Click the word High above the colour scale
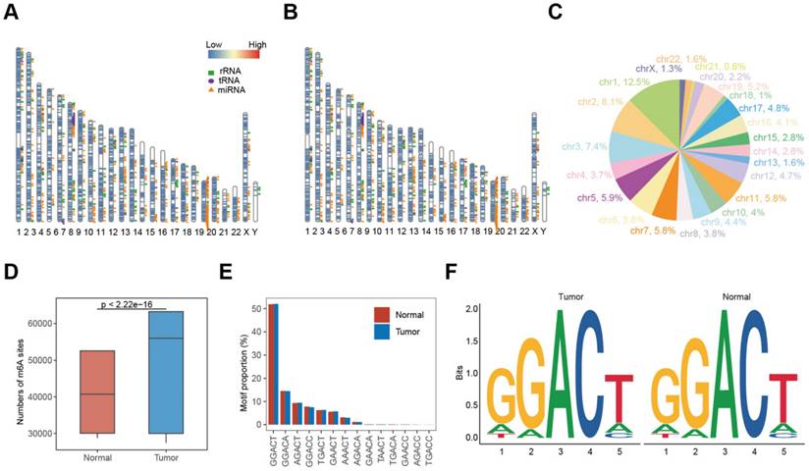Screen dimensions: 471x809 click(257, 45)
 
